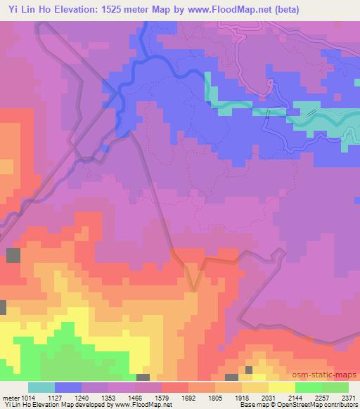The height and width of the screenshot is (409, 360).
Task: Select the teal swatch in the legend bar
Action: pyautogui.click(x=41, y=387)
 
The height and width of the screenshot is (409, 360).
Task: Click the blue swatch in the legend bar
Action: pyautogui.click(x=68, y=387)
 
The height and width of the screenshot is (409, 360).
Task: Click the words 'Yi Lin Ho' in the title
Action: pyautogui.click(x=24, y=10)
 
